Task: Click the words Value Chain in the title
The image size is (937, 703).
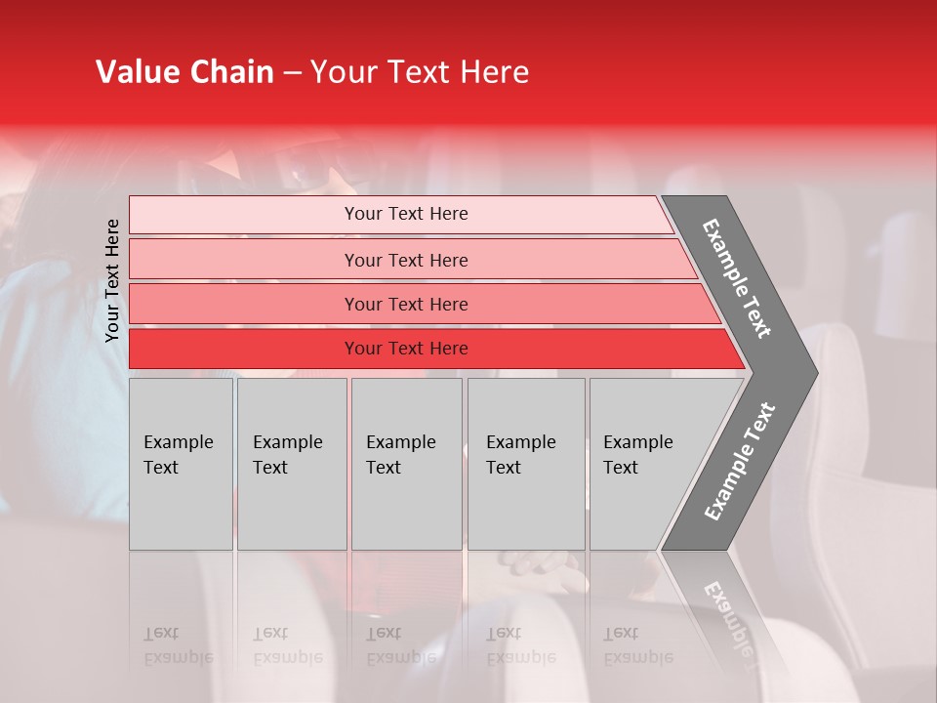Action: (184, 72)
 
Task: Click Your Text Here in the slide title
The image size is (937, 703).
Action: (420, 72)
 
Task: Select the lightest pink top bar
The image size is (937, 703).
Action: (244, 215)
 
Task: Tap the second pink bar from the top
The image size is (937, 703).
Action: (244, 260)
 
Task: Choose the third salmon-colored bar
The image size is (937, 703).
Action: (244, 304)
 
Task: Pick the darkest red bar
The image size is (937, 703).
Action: (244, 349)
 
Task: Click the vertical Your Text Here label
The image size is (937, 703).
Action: (112, 280)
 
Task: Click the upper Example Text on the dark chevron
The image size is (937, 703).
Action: (737, 278)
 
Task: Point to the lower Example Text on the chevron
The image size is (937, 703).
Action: (739, 462)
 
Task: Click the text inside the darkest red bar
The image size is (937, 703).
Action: (406, 349)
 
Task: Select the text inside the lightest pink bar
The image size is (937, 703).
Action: (406, 214)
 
